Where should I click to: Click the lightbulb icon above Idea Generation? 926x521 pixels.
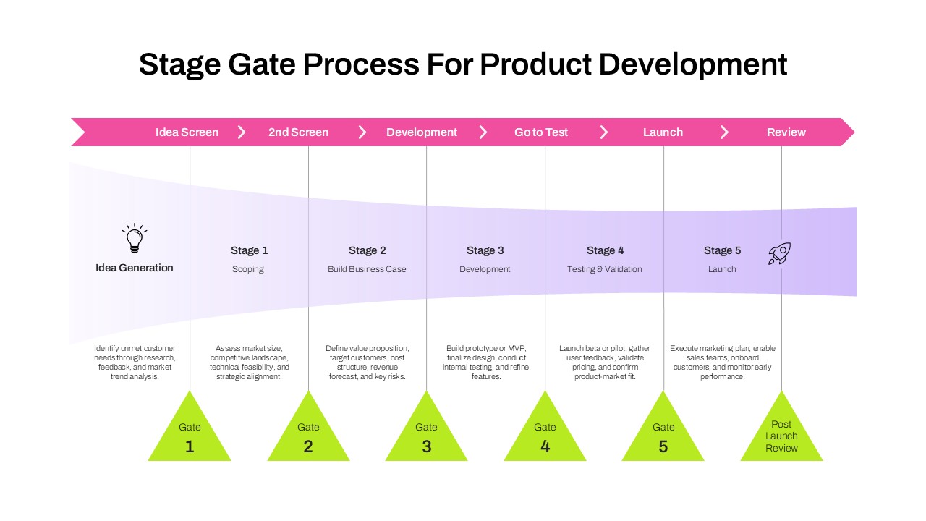tap(134, 238)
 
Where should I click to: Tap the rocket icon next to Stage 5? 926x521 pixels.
tap(779, 253)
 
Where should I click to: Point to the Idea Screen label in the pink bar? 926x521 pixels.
tap(187, 132)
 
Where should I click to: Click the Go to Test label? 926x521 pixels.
tap(541, 132)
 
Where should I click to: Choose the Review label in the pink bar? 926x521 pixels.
tap(786, 132)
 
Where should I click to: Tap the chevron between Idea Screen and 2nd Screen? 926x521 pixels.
tap(242, 132)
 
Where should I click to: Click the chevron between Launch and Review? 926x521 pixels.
tap(724, 132)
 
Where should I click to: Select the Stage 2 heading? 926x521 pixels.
tap(367, 250)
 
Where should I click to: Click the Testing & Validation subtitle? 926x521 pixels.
tap(604, 269)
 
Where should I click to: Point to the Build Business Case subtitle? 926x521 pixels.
tap(367, 269)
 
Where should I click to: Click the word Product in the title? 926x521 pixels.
tap(535, 64)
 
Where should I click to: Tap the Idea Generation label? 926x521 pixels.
tap(135, 268)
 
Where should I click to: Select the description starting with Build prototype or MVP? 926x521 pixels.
tap(485, 363)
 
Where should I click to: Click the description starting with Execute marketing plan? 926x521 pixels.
tap(722, 363)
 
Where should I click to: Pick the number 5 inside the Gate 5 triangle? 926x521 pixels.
tap(663, 447)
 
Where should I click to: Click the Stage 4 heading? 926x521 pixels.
tap(605, 250)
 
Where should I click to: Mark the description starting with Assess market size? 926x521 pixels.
tap(250, 363)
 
